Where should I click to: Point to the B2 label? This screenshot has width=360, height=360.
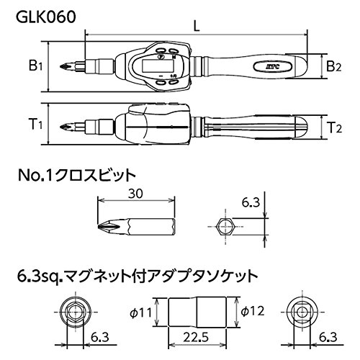(x=332, y=66)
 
